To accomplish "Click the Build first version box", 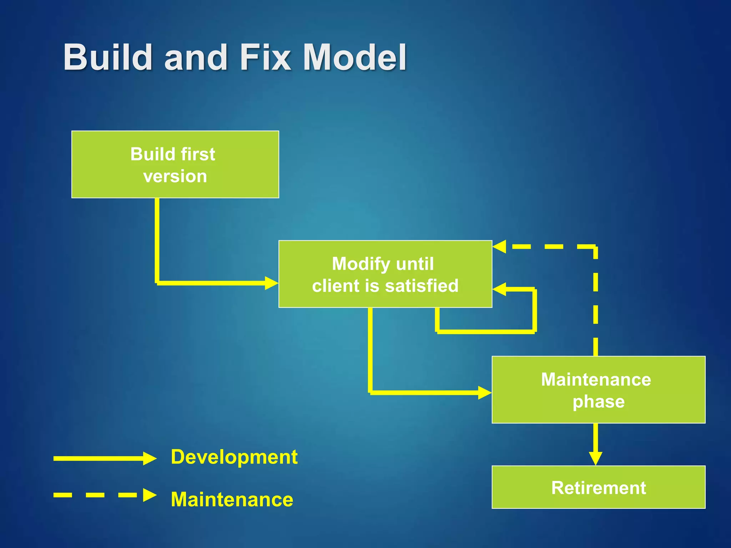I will coord(175,164).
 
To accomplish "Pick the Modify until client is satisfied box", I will coord(385,274).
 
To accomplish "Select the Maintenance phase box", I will coord(598,390).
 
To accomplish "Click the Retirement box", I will coord(598,487).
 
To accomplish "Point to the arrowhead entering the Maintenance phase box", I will coord(485,392).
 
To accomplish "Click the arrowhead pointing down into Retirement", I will coord(595,458).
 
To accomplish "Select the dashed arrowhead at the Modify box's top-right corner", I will coord(499,247).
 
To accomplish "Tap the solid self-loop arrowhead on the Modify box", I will coord(499,289).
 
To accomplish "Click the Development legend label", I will coord(234,457).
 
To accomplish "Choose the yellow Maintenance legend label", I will coord(232,499).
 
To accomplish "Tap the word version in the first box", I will coord(175,176).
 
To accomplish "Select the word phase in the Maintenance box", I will coord(599,402).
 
